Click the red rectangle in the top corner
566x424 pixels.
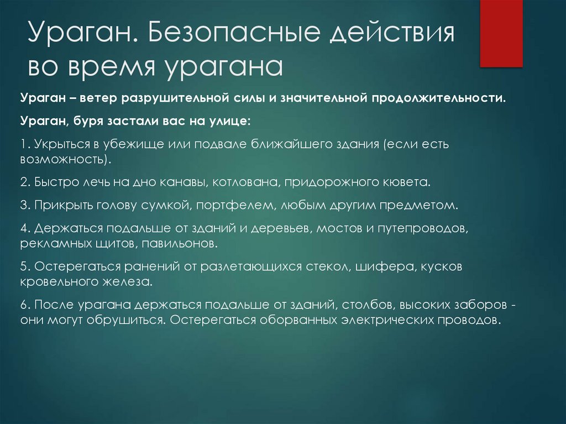(x=501, y=33)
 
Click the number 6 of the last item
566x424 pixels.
(x=24, y=305)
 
